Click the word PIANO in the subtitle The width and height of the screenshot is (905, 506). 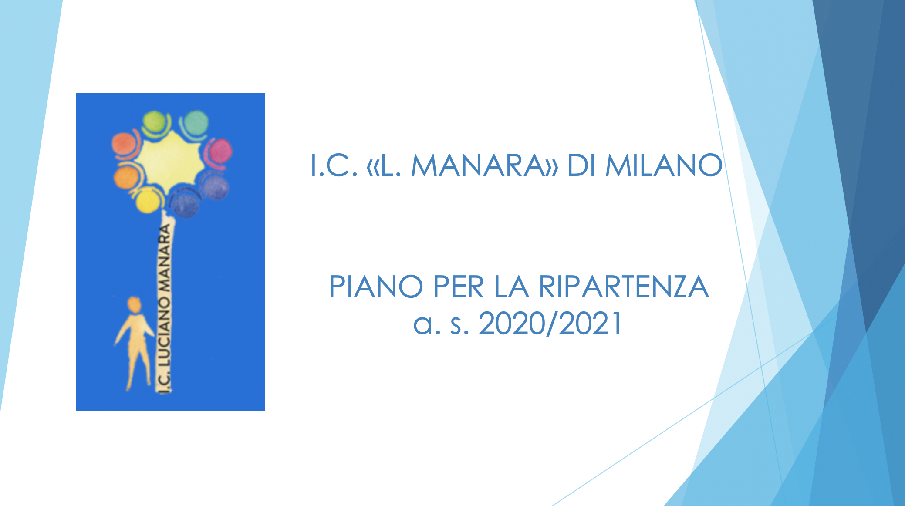click(x=376, y=287)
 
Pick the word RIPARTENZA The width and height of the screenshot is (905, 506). click(x=624, y=287)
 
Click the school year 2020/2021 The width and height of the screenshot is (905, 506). click(x=550, y=324)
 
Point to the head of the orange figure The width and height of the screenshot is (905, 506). click(x=134, y=304)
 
